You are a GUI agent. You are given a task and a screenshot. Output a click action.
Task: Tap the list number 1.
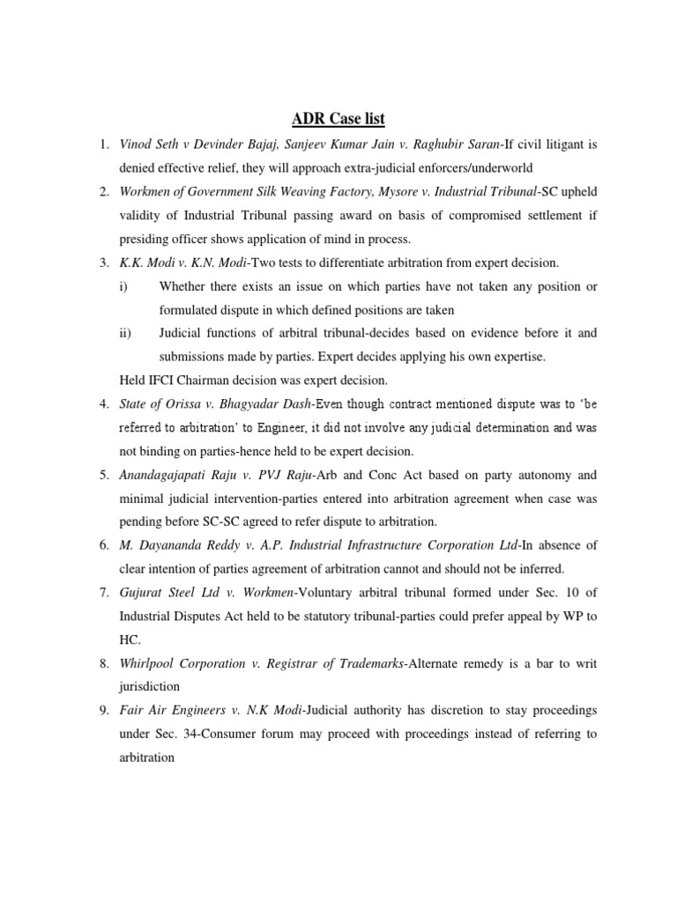point(104,143)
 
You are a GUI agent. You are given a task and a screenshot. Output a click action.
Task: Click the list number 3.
point(104,262)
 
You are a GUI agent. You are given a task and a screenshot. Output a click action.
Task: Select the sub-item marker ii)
point(125,333)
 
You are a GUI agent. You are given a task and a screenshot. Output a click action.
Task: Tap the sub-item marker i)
point(123,285)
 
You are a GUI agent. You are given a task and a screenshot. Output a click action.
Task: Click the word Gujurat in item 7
point(141,594)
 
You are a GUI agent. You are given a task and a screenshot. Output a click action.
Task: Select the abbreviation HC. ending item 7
point(130,641)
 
